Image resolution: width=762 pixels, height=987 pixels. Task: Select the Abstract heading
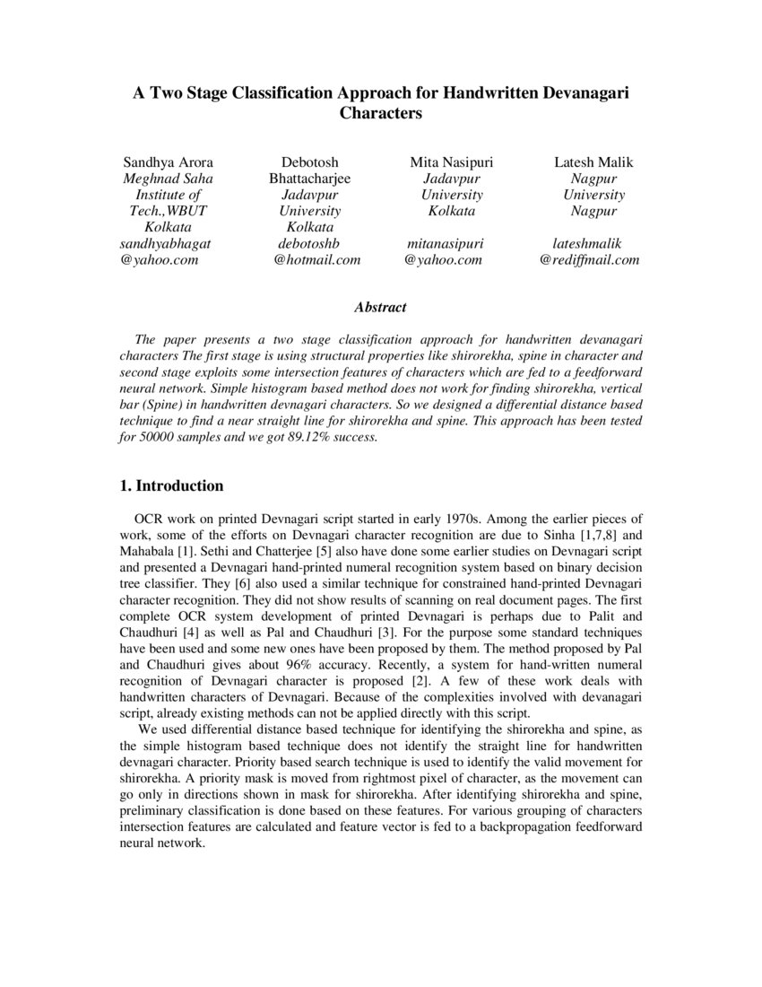pos(380,307)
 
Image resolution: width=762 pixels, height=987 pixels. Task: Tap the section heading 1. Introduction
pos(171,485)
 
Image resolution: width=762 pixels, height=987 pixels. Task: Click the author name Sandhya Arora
pos(168,162)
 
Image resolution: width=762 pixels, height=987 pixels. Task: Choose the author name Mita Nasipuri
pos(452,162)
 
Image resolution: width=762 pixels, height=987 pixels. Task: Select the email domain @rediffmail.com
pos(589,260)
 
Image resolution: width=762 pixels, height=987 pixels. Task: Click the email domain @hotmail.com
pos(317,260)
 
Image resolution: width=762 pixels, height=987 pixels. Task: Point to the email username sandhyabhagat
pos(166,243)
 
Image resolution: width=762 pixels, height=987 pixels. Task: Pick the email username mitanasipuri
pos(446,243)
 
